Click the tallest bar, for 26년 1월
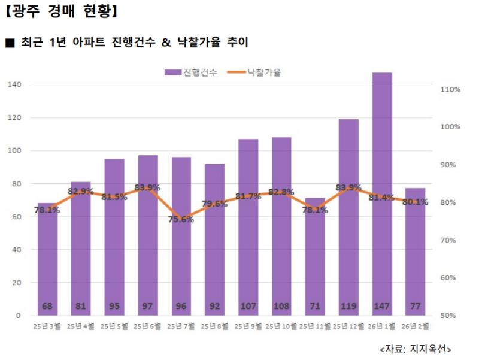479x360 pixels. (x=382, y=192)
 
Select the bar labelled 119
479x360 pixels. (x=348, y=216)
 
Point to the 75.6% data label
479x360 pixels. (x=181, y=219)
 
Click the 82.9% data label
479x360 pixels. (x=80, y=192)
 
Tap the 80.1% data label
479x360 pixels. (x=416, y=202)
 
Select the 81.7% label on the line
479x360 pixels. (x=248, y=196)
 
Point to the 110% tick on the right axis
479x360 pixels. (x=450, y=89)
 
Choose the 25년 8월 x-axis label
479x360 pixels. (x=214, y=326)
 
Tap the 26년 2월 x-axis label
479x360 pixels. (x=416, y=326)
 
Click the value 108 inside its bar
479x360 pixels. (x=281, y=307)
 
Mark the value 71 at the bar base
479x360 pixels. (x=315, y=307)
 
